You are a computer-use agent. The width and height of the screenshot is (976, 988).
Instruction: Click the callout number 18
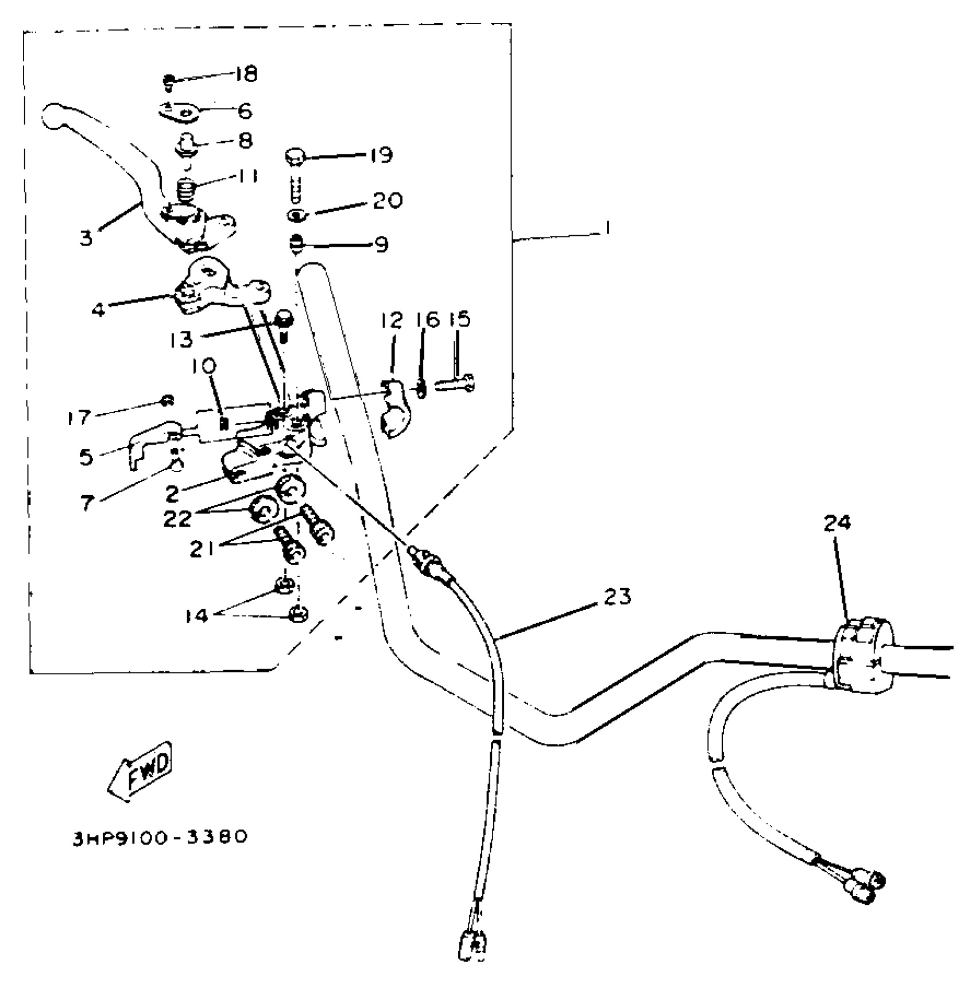[x=246, y=74]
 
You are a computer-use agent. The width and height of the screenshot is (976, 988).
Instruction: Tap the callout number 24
[x=838, y=523]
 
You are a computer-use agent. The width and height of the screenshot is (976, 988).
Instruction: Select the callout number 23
[x=617, y=597]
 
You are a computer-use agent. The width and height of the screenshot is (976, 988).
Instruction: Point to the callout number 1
[x=606, y=228]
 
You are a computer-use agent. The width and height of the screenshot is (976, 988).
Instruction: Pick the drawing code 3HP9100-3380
[x=160, y=837]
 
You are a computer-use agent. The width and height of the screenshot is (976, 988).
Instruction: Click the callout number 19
[x=379, y=155]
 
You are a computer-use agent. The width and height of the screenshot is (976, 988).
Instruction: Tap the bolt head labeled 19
[x=295, y=157]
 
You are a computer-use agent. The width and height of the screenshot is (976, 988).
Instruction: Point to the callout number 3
[x=86, y=237]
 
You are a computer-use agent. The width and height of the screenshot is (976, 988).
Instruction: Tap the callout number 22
[x=177, y=518]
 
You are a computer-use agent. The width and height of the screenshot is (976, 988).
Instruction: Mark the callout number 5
[x=86, y=457]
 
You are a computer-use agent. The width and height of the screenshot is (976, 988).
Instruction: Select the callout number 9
[x=381, y=244]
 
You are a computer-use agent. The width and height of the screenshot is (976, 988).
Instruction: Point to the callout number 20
[x=388, y=201]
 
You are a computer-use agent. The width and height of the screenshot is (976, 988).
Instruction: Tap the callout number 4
[x=99, y=310]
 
